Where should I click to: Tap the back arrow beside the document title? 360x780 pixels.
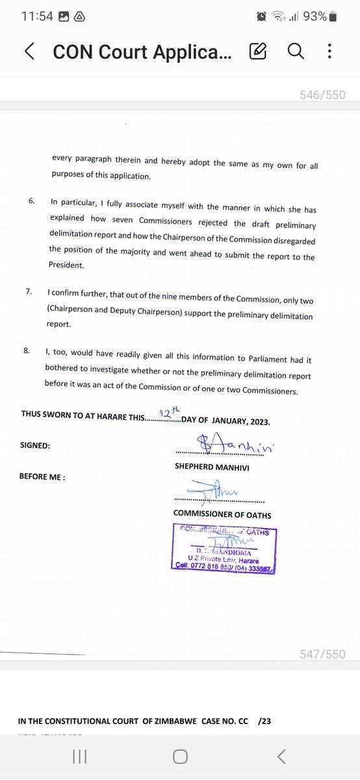(29, 51)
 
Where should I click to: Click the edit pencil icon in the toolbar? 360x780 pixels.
(257, 51)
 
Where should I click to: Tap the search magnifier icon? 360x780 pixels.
(296, 51)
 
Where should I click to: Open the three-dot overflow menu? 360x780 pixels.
(329, 51)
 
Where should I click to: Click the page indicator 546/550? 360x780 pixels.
(323, 95)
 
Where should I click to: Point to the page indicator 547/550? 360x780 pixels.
(323, 655)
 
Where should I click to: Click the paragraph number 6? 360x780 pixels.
(31, 201)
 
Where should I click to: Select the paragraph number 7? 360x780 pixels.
(29, 292)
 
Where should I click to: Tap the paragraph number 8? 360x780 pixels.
(27, 351)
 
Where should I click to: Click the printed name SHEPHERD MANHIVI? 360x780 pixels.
(212, 467)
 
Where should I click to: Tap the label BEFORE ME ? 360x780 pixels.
(43, 476)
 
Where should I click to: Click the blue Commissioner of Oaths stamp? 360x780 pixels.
(224, 551)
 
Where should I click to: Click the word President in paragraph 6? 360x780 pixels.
(66, 266)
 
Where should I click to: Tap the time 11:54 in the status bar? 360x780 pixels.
(37, 16)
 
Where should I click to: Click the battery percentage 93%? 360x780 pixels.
(314, 16)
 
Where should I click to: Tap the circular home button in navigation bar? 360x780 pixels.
(180, 756)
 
